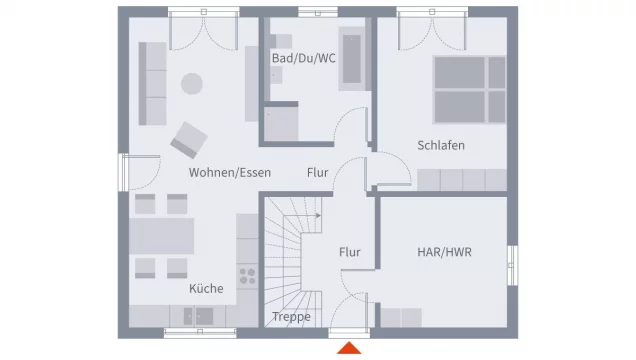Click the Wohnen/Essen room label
[230, 172]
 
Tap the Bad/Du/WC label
[303, 58]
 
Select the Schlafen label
[441, 145]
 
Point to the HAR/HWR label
[443, 252]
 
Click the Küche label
[206, 289]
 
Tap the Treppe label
[291, 317]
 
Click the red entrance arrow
[349, 348]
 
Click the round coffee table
[191, 84]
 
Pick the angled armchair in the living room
[188, 139]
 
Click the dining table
[161, 236]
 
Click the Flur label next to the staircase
[349, 252]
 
